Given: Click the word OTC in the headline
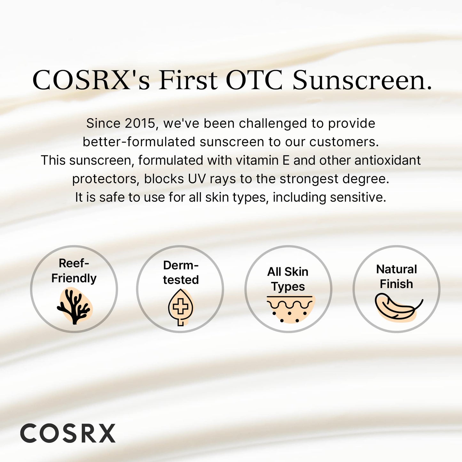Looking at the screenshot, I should pos(254,80).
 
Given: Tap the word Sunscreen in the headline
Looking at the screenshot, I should pos(362,80).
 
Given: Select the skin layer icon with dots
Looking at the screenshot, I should pos(290,309).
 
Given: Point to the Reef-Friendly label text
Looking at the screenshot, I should pos(74,271).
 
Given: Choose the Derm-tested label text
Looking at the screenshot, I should pos(181,272).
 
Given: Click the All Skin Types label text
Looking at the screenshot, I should pos(288,279).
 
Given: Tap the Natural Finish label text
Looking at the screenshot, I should pos(396,277).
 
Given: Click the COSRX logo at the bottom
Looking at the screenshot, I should pos(68,434).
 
